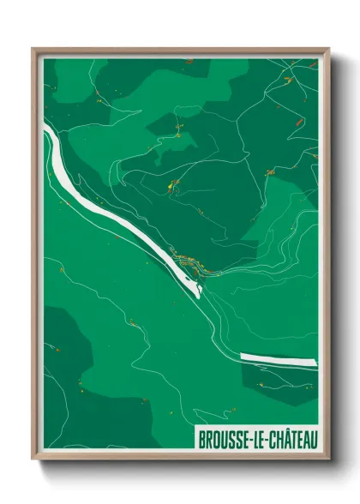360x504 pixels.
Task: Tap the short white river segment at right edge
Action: (x=278, y=359)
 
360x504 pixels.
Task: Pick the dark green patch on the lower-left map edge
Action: (x=64, y=351)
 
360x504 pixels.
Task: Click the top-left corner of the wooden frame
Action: (x=33, y=50)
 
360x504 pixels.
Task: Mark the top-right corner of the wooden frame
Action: (x=327, y=50)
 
